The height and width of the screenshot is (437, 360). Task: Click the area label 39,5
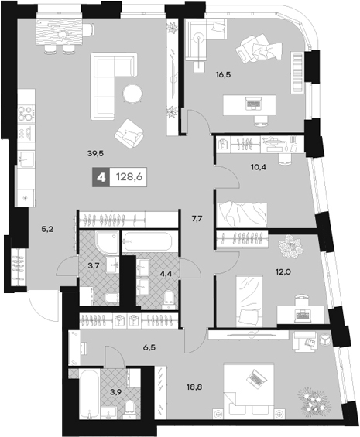coord(97,152)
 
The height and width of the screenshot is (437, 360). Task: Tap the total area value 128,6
coord(129,177)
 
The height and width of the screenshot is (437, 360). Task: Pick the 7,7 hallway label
coord(196,219)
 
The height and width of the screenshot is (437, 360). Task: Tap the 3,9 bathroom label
coord(115,392)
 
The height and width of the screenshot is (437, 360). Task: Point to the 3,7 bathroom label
coord(92,265)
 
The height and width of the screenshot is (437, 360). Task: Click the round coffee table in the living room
coord(132,94)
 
